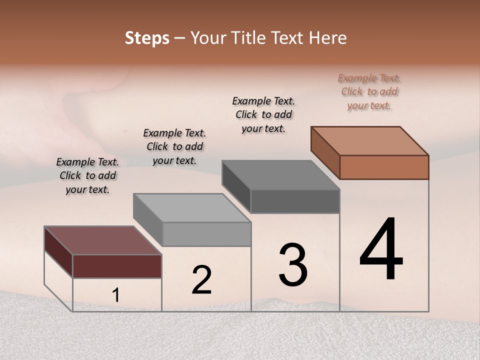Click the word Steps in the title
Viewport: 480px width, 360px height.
[x=147, y=38]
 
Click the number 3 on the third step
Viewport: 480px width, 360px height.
[x=293, y=265]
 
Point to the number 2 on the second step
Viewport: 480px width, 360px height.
[x=201, y=280]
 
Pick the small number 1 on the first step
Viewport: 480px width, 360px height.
[x=115, y=295]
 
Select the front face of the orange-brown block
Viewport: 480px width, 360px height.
[x=384, y=167]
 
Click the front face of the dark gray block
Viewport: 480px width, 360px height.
[x=295, y=201]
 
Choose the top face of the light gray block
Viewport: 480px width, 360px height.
[x=192, y=208]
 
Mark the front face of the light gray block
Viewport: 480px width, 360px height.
[x=206, y=234]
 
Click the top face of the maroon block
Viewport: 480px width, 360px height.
[x=103, y=240]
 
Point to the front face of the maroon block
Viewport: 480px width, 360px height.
[x=117, y=266]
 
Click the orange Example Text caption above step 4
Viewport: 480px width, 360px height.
[x=369, y=92]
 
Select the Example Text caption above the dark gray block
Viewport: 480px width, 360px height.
[x=263, y=114]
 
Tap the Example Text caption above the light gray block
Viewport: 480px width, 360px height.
[x=174, y=146]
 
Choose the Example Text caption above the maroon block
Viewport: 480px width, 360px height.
[x=87, y=175]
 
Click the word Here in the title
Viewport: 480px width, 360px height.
[x=328, y=38]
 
